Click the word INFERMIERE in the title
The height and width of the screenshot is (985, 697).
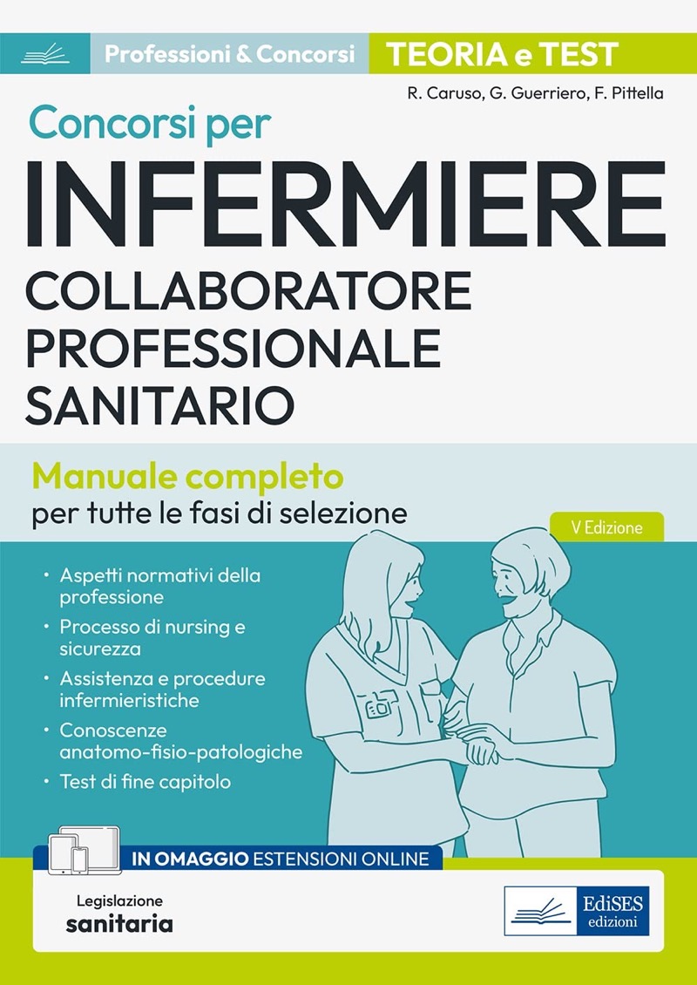345,205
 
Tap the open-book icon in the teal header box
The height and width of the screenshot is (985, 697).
44,53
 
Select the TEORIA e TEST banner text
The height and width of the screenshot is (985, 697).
502,54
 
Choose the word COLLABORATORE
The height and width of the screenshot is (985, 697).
248,290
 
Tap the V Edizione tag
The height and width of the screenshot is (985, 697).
606,527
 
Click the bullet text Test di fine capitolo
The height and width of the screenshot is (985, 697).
145,782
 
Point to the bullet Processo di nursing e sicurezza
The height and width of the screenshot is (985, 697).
152,637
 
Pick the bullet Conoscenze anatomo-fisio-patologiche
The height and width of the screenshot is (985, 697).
181,741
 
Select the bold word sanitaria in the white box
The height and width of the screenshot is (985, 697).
119,924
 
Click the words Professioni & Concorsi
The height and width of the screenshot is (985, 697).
230,54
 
